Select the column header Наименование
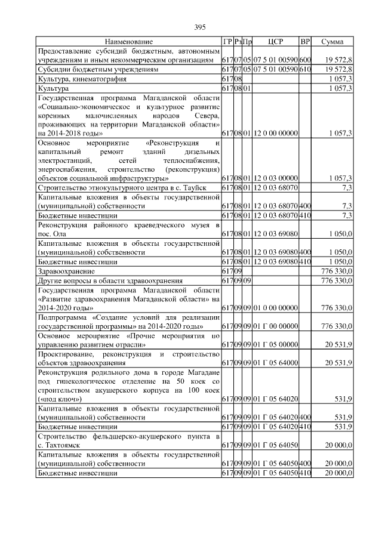[128, 42]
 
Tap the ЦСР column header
[275, 42]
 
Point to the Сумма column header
[332, 42]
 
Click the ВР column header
[305, 42]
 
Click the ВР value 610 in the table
[305, 69]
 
